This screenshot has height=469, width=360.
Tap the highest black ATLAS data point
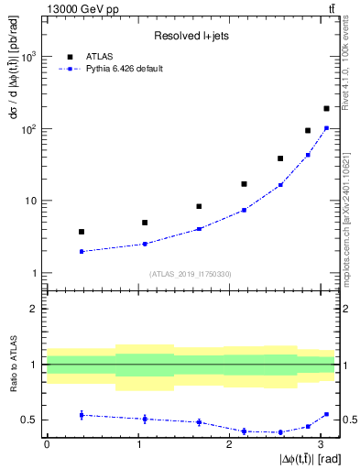326,109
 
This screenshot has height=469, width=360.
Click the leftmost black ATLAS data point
82,232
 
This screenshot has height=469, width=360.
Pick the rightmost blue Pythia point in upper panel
326,128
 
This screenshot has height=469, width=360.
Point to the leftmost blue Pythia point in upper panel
82,251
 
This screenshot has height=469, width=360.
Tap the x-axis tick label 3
321,444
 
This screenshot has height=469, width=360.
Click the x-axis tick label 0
47,444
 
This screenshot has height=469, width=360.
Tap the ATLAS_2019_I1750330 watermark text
191,274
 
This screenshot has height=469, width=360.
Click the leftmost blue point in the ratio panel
82,415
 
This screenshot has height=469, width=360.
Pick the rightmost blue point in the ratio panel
326,414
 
